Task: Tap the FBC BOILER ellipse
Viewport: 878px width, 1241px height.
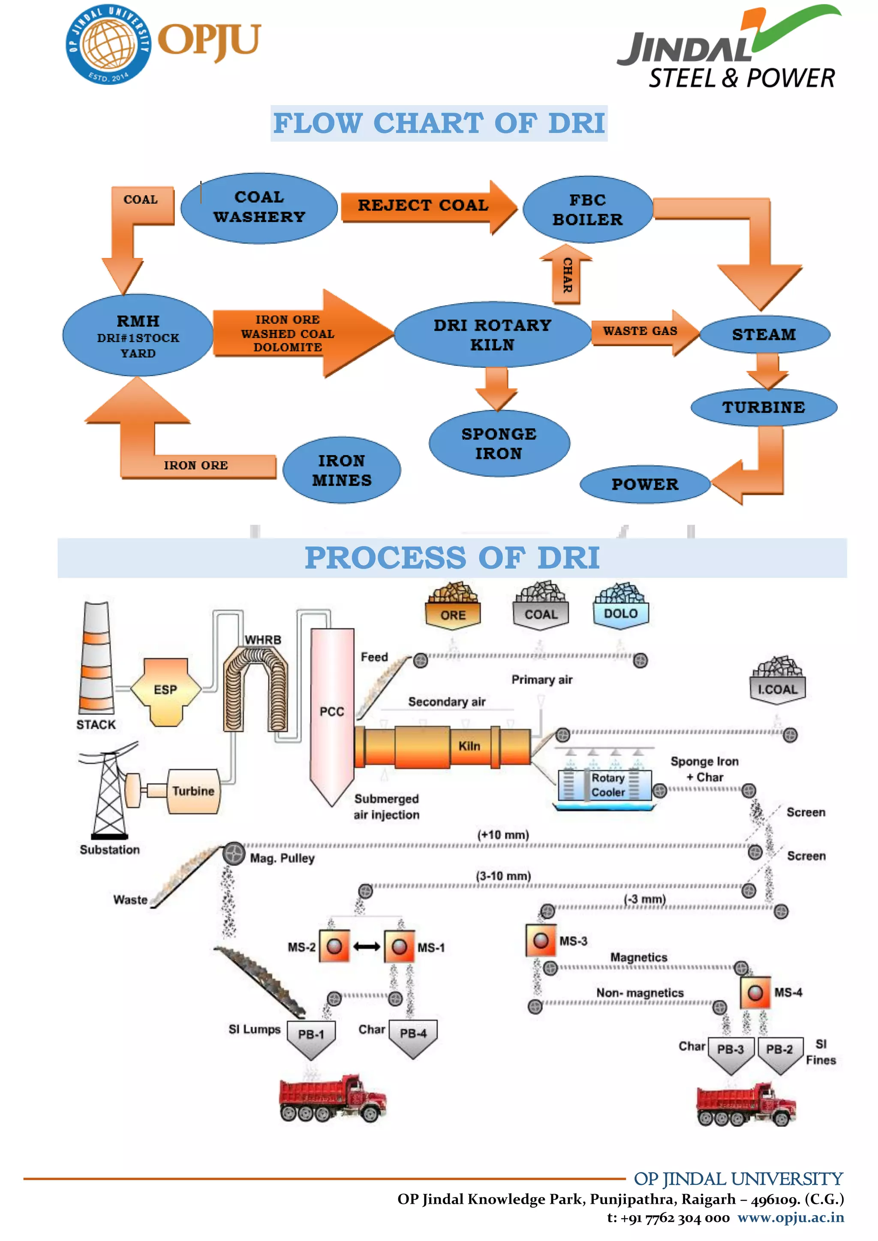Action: coord(588,210)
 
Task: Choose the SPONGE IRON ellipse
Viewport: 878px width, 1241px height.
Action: coord(499,443)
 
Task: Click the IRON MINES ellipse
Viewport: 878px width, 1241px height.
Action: coord(342,470)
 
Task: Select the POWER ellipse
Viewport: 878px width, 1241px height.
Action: coord(644,484)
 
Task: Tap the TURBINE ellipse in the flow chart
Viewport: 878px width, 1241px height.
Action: coord(764,407)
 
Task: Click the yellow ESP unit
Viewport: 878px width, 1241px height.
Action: coord(165,691)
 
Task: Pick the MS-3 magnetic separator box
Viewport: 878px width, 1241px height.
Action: coord(541,941)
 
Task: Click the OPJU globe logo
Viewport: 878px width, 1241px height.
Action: coord(108,44)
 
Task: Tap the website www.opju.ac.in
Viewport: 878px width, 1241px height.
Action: coord(791,1218)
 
